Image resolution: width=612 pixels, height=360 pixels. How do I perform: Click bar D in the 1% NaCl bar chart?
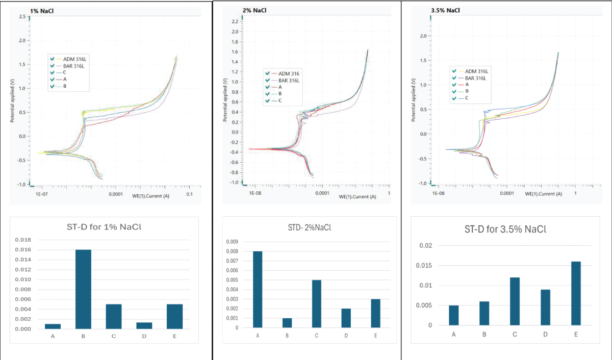click(145, 325)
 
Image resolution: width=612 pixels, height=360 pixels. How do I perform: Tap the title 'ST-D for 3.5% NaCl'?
click(505, 229)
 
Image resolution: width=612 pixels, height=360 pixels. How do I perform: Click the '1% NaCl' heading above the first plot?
click(41, 11)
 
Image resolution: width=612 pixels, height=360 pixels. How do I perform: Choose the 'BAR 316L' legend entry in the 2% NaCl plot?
click(289, 81)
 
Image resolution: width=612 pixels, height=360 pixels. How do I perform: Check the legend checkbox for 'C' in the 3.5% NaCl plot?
click(453, 98)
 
